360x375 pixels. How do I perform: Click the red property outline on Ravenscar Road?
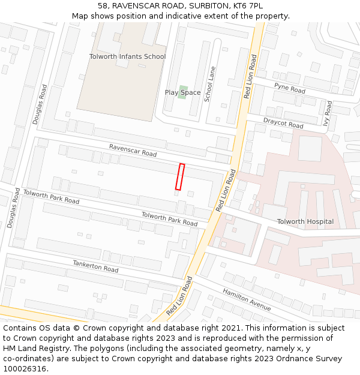179,177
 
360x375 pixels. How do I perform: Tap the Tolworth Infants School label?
127,56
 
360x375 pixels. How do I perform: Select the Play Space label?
182,92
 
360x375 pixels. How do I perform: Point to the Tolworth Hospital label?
305,221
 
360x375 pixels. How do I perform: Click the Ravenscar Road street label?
133,151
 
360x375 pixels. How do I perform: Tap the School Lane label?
209,84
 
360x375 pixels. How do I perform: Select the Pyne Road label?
290,88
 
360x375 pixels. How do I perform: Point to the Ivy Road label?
328,112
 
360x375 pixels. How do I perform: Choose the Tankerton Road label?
95,266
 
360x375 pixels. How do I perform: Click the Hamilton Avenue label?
247,299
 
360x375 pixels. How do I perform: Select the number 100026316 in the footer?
25,368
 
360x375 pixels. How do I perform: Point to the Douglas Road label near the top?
40,104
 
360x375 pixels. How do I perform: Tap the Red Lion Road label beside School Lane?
250,77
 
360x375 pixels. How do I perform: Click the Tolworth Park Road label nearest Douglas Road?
51,196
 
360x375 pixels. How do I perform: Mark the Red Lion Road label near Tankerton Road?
180,296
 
